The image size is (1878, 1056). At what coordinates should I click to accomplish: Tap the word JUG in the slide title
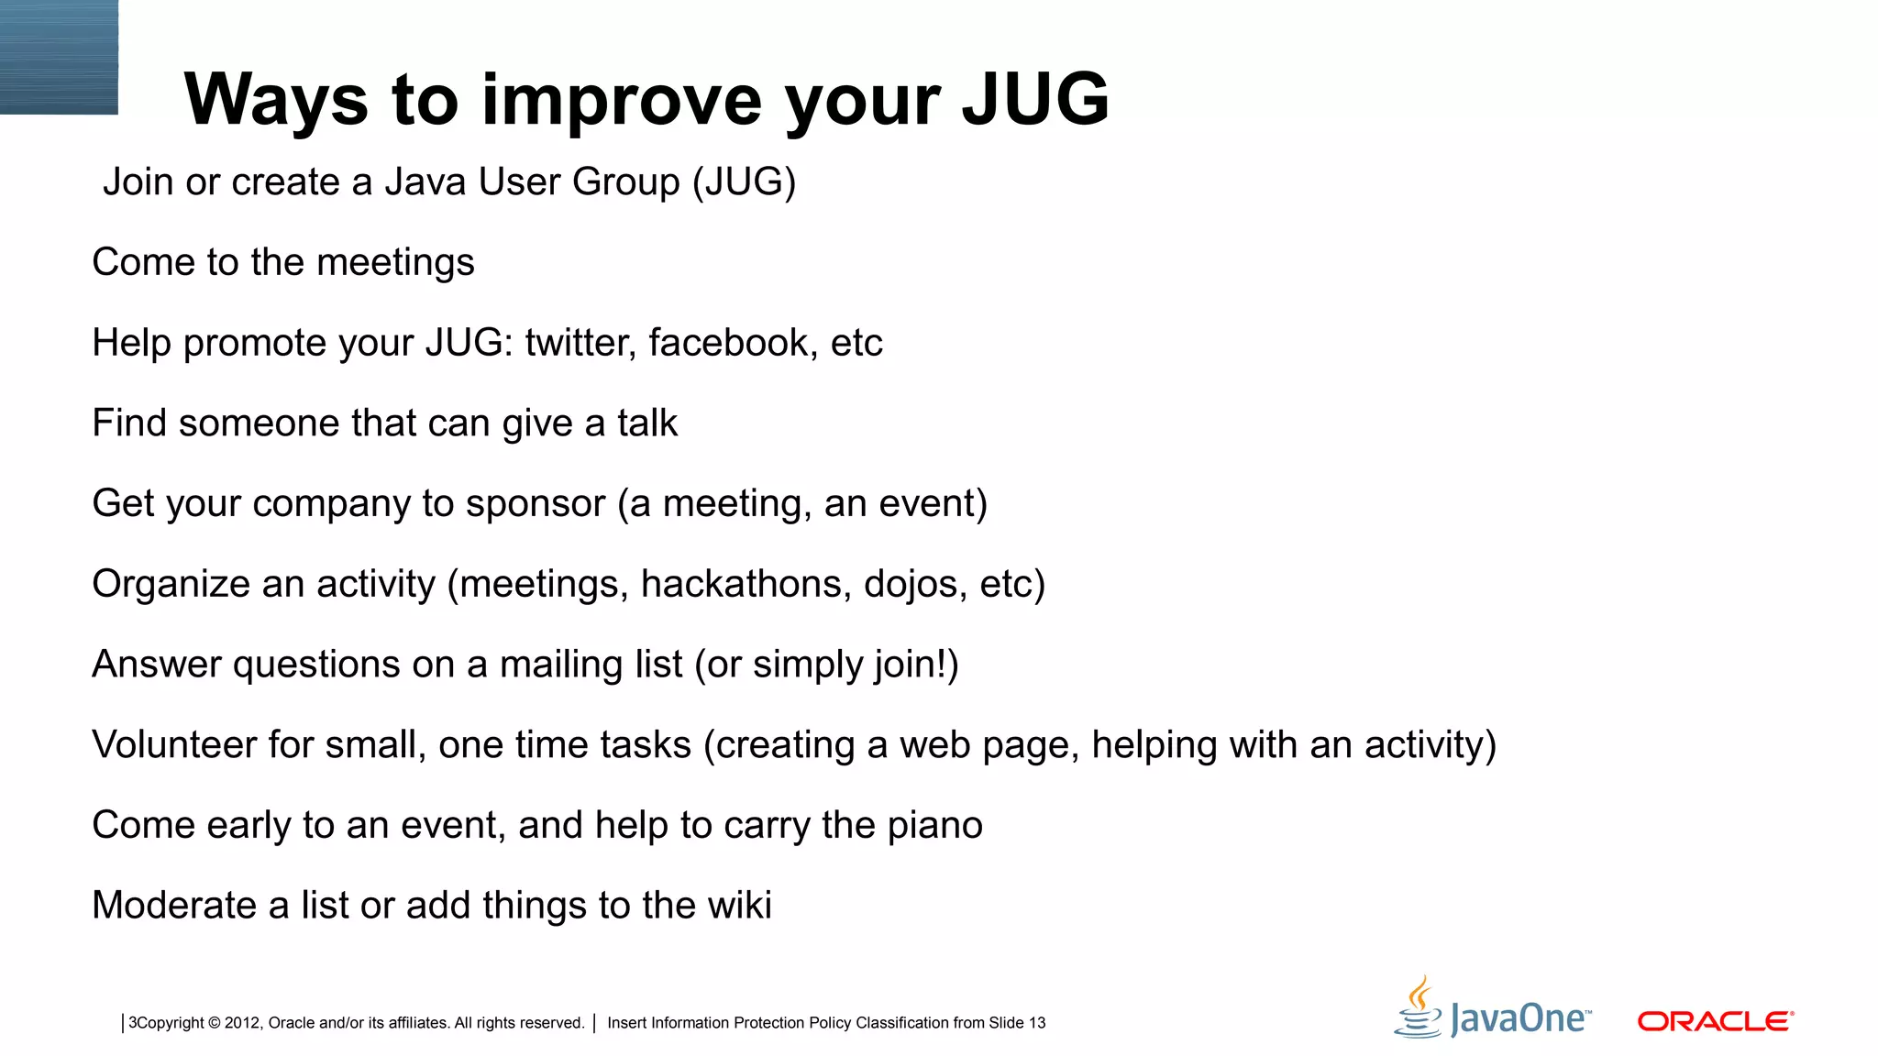pos(1035,99)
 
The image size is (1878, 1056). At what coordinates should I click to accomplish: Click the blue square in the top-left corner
pos(59,57)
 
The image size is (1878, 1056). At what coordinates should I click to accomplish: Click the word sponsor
pos(535,504)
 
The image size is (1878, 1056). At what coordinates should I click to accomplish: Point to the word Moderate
pos(174,906)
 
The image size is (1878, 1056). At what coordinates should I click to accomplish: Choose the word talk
pos(646,423)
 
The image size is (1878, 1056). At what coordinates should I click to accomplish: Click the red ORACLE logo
pos(1715,1021)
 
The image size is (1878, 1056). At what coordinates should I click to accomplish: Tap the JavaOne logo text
pos(1519,1019)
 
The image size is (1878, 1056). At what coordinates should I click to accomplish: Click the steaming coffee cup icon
pos(1419,1008)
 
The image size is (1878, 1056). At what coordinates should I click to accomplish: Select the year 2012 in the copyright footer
pos(242,1023)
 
